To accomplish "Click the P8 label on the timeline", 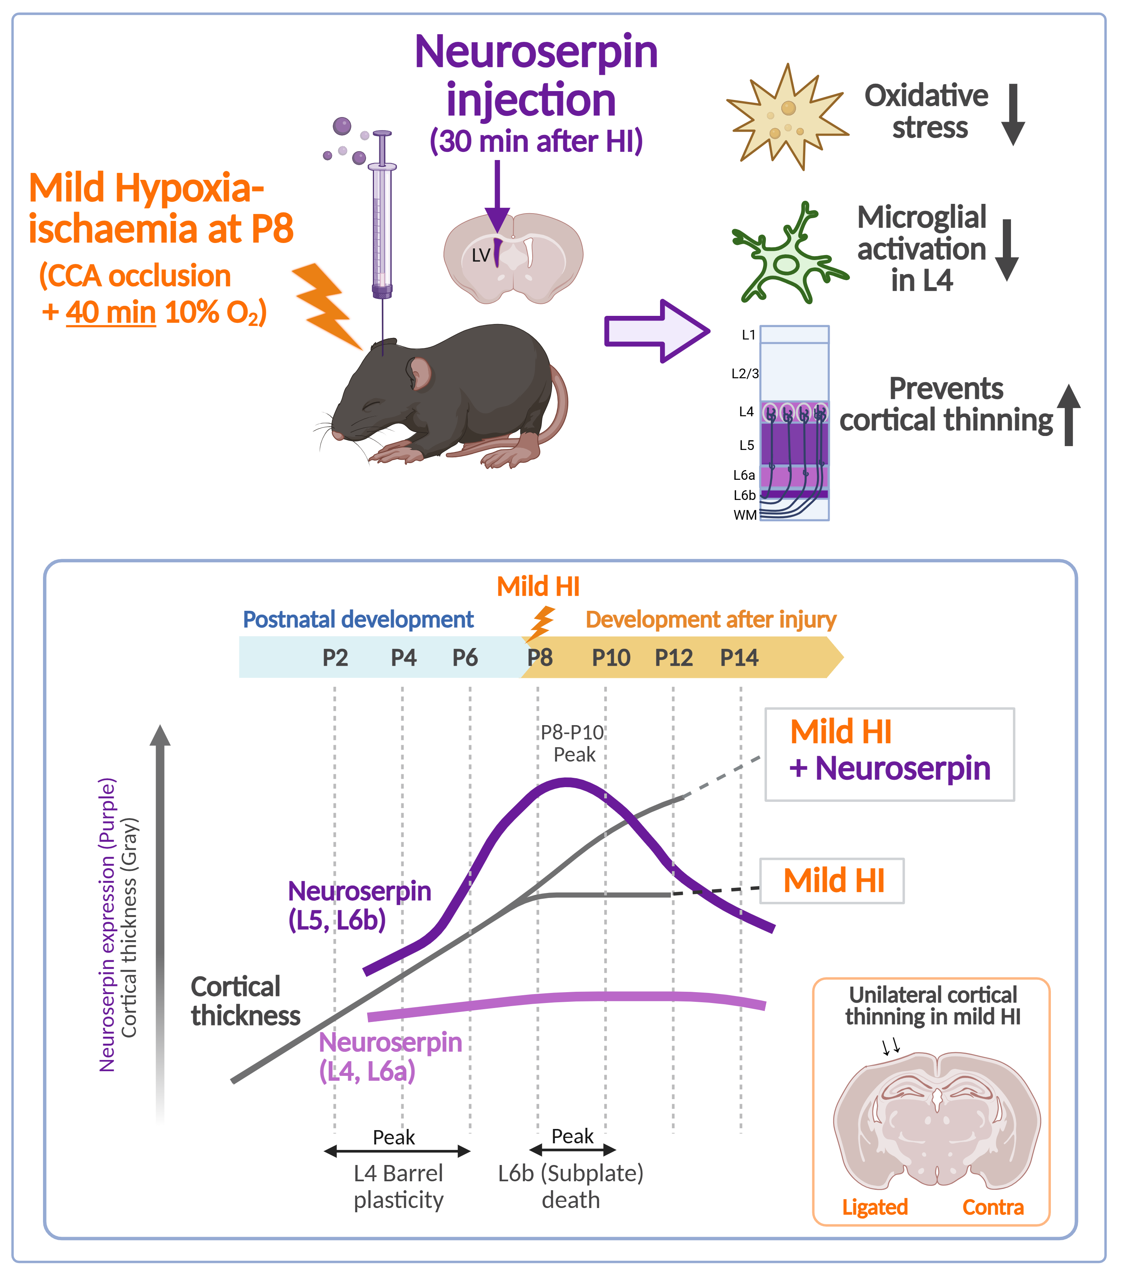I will coord(540,658).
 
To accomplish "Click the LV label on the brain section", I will coord(481,255).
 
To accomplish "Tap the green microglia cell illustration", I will coord(788,256).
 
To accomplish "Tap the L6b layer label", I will coord(744,495).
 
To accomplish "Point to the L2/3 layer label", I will coord(745,374).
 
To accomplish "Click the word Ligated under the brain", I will coord(874,1207).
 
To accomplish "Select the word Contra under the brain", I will coord(992,1207).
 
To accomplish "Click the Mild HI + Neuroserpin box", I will coord(889,754).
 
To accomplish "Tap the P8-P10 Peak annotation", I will coord(572,743).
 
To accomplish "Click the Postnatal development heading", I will coord(358,619).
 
